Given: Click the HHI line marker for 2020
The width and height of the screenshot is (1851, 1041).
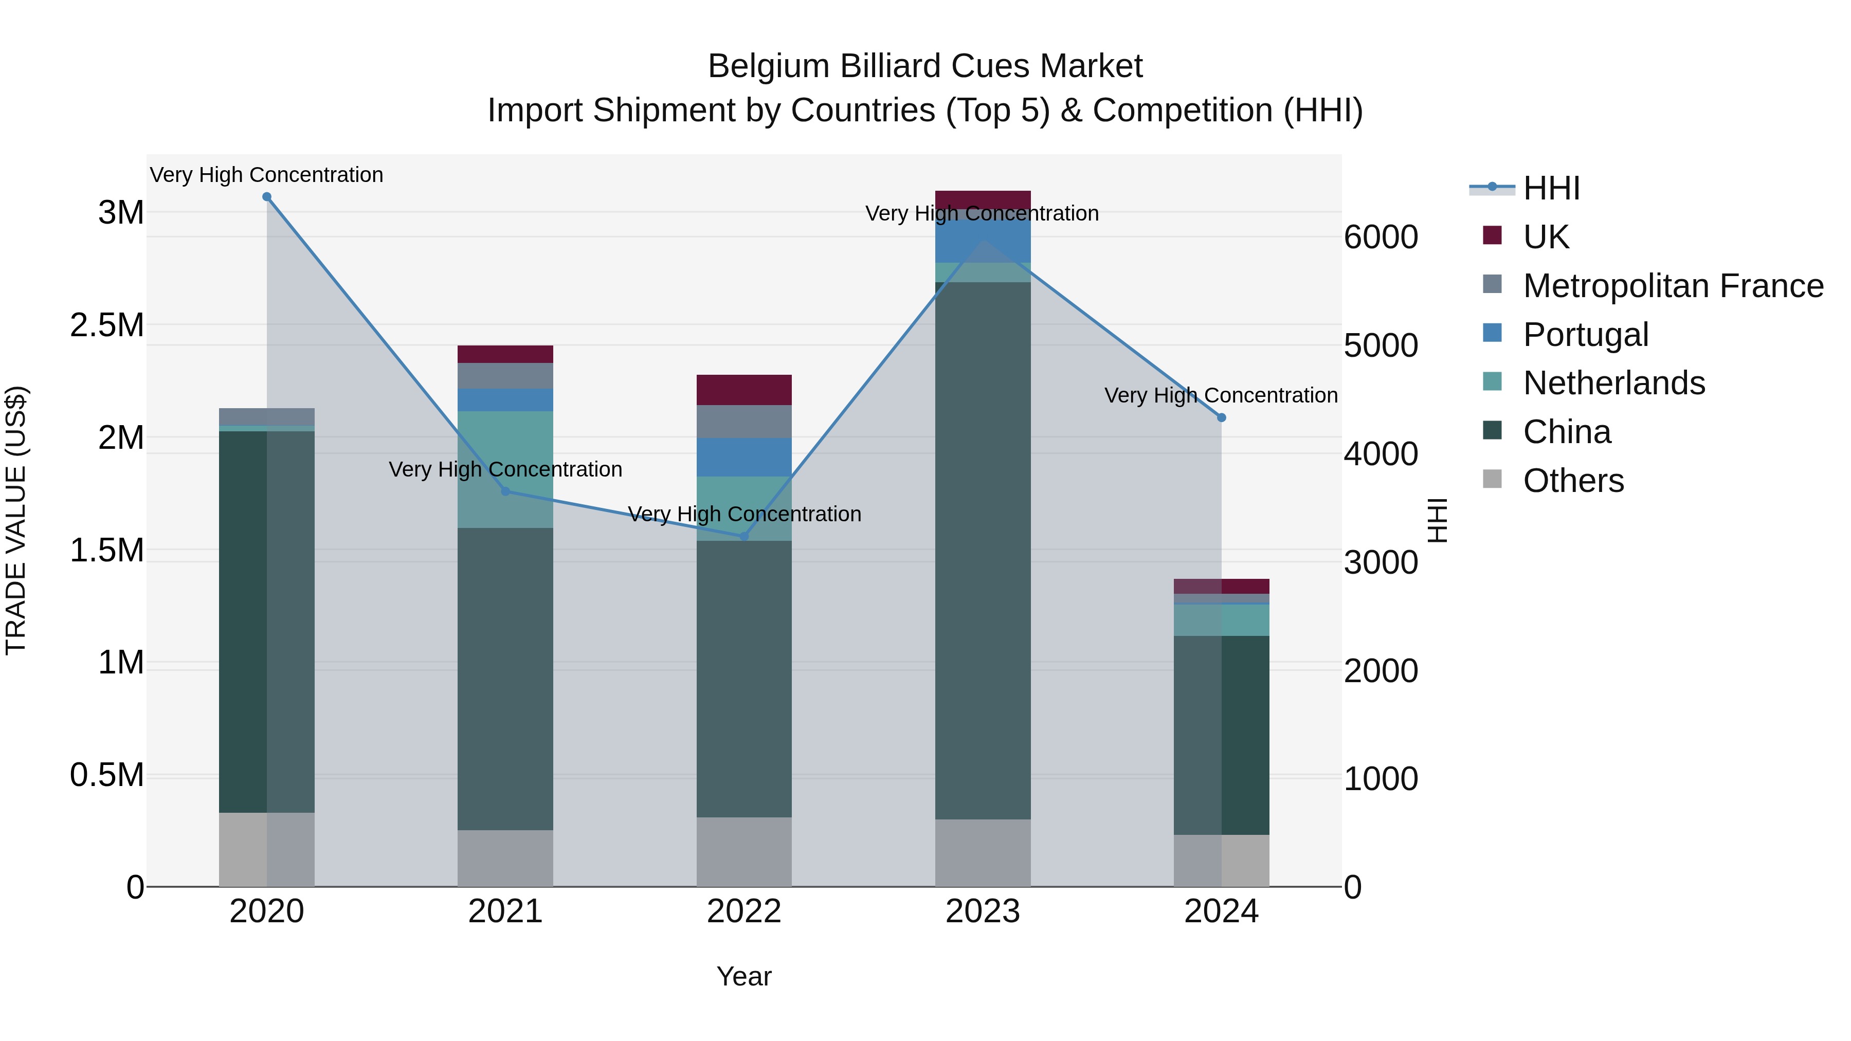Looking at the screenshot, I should coord(266,197).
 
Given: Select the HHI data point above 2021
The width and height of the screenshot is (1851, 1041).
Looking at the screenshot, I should coord(505,491).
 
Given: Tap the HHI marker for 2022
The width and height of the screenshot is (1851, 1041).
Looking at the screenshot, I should coord(743,536).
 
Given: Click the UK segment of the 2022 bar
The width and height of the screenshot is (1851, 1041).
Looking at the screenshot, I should coord(743,389).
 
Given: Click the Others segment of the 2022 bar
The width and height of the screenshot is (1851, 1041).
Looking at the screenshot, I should coord(743,851).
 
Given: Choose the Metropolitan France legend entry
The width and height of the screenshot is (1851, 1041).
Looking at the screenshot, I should coord(1673,286).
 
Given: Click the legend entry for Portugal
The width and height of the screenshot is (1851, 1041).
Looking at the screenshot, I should coord(1585,335).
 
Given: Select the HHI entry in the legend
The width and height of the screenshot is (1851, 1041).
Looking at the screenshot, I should coord(1551,188).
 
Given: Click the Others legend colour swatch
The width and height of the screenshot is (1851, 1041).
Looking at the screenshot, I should coord(1492,479).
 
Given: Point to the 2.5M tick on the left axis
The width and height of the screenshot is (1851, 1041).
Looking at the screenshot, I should coord(106,325).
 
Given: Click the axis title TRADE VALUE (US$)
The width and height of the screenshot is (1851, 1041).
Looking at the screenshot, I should coord(16,520).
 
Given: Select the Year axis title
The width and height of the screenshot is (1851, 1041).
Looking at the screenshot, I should coord(743,976).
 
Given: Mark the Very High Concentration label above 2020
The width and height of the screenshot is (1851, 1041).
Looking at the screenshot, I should coord(266,175).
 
